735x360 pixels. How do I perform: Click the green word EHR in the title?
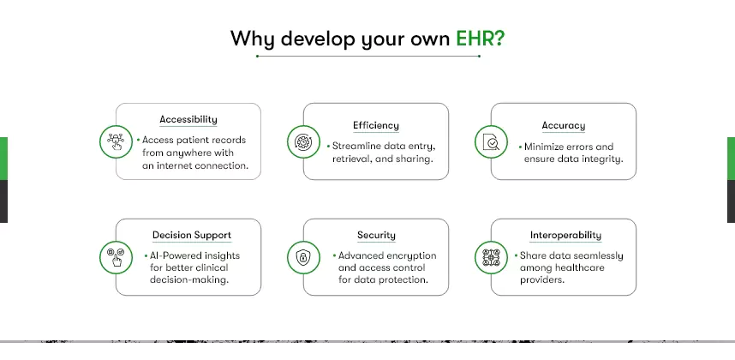(x=475, y=39)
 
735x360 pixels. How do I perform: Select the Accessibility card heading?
(x=188, y=119)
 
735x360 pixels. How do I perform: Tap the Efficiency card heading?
(x=376, y=126)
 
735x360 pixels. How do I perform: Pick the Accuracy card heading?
(x=564, y=126)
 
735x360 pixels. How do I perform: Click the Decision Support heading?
(x=192, y=236)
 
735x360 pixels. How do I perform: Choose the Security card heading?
(x=376, y=236)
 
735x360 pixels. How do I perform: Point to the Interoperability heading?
(x=565, y=236)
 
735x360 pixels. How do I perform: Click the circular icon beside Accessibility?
(x=116, y=141)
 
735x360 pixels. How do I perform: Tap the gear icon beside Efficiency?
(x=303, y=141)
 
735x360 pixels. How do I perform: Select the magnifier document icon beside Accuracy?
(x=491, y=141)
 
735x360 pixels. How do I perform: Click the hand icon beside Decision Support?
(x=116, y=257)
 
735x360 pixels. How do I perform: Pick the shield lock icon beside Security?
(x=303, y=257)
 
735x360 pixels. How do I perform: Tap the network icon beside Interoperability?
(x=491, y=257)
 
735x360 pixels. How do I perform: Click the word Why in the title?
(x=252, y=39)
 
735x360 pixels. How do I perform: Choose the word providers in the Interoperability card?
(x=542, y=280)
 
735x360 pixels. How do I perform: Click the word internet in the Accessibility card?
(x=172, y=166)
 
